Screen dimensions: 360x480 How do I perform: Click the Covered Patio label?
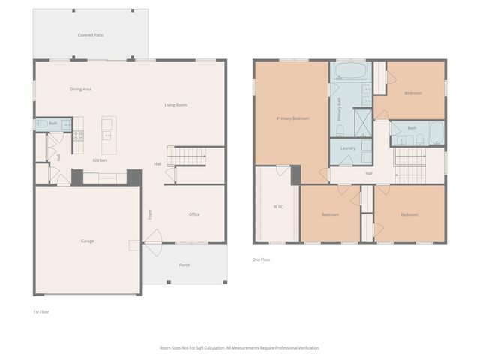[x=90, y=35]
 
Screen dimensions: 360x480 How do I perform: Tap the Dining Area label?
[x=81, y=89]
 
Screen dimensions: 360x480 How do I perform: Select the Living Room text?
[x=175, y=105]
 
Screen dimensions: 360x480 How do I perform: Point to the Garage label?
[x=87, y=241]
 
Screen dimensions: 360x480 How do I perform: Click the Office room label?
[x=194, y=214]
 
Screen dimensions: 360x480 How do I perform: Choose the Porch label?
[x=184, y=265]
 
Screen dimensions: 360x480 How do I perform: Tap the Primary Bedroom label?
[x=292, y=118]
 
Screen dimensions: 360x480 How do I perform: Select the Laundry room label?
[x=347, y=148]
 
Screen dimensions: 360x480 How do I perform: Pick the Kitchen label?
[x=100, y=160]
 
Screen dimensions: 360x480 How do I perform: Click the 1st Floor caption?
[x=40, y=311]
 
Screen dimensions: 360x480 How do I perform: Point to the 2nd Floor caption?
[x=261, y=259]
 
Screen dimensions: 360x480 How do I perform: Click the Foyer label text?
[x=150, y=214]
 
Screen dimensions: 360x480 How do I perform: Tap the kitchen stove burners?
[x=78, y=136]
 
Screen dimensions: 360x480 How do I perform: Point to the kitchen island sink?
[x=107, y=136]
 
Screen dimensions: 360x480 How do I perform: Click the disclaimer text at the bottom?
[x=239, y=348]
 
